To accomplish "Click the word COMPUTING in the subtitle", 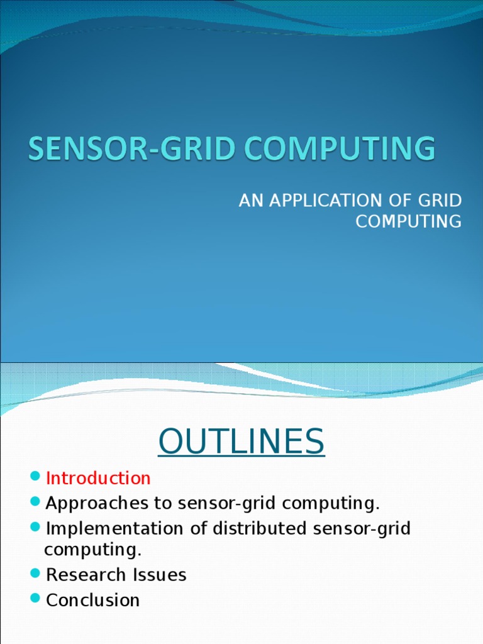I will point(409,222).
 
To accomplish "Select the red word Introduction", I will point(98,479).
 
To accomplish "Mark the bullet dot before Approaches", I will point(35,502).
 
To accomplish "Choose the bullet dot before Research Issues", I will point(35,574).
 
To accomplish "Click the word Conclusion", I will point(93,600).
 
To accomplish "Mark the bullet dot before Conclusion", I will point(35,599).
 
